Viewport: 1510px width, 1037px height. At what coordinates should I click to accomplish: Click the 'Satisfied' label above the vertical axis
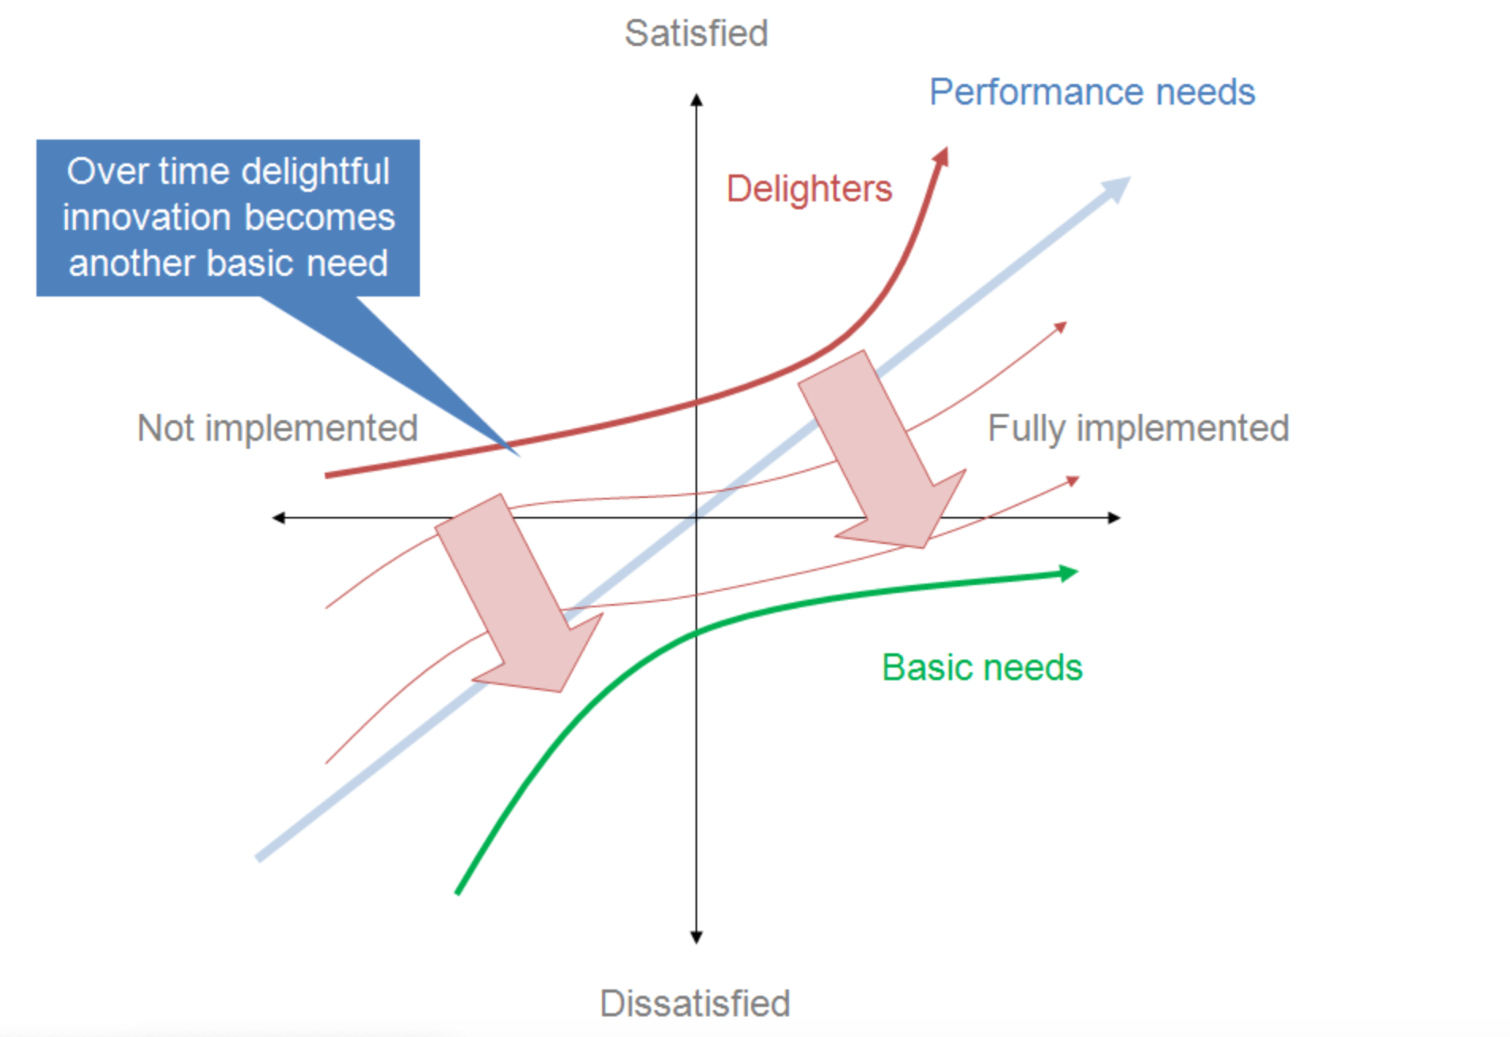(696, 33)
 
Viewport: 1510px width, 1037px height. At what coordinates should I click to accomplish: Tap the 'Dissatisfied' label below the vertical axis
(695, 1003)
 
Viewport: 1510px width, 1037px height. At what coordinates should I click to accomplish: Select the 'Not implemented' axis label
(277, 428)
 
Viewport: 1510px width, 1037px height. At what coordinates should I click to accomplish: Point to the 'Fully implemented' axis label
(1138, 428)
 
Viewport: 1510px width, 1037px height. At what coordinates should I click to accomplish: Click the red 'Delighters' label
(809, 189)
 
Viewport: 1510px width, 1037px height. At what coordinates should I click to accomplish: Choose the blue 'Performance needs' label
(1092, 92)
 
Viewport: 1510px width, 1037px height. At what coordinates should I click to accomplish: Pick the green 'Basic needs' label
(982, 668)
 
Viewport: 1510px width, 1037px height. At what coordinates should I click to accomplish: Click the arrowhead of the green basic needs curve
(1069, 573)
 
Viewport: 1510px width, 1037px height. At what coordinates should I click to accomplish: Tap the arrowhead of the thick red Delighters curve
(941, 156)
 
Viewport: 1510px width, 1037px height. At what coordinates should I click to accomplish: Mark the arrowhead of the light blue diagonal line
(1118, 188)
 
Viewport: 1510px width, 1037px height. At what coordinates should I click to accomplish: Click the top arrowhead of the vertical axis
(696, 100)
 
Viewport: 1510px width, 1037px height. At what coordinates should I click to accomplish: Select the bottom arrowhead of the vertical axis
(696, 937)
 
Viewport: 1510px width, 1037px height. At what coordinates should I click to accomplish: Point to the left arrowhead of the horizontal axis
(278, 518)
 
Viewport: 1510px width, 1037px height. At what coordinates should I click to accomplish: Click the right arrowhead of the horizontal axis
(1114, 518)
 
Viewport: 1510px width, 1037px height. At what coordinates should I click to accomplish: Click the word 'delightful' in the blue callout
(315, 171)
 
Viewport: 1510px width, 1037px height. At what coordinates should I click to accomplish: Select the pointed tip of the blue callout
(517, 453)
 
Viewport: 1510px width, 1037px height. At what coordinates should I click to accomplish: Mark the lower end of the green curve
(458, 892)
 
